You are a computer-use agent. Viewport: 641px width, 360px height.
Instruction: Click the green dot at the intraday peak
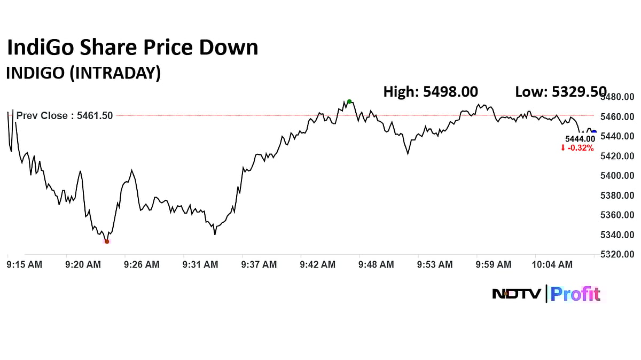[x=349, y=101]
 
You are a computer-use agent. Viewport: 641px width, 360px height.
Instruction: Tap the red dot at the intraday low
[x=107, y=241]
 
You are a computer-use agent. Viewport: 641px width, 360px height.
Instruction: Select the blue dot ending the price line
[x=594, y=132]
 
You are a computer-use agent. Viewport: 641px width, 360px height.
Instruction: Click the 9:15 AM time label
[x=25, y=264]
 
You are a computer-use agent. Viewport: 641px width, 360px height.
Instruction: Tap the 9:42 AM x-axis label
[x=317, y=264]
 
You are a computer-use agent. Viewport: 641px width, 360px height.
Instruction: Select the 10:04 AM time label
[x=552, y=264]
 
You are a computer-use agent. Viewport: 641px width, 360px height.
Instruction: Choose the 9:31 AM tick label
[x=200, y=264]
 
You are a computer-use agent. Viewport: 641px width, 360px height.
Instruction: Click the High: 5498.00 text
[x=431, y=92]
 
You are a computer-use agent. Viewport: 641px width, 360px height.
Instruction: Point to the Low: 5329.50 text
[x=560, y=92]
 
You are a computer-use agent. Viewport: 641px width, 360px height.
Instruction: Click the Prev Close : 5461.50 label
[x=65, y=115]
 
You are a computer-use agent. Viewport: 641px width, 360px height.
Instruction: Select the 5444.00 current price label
[x=580, y=139]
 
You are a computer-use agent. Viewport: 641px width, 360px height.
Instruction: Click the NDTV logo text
[x=517, y=294]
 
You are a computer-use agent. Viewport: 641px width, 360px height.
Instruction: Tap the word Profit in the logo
[x=575, y=294]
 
